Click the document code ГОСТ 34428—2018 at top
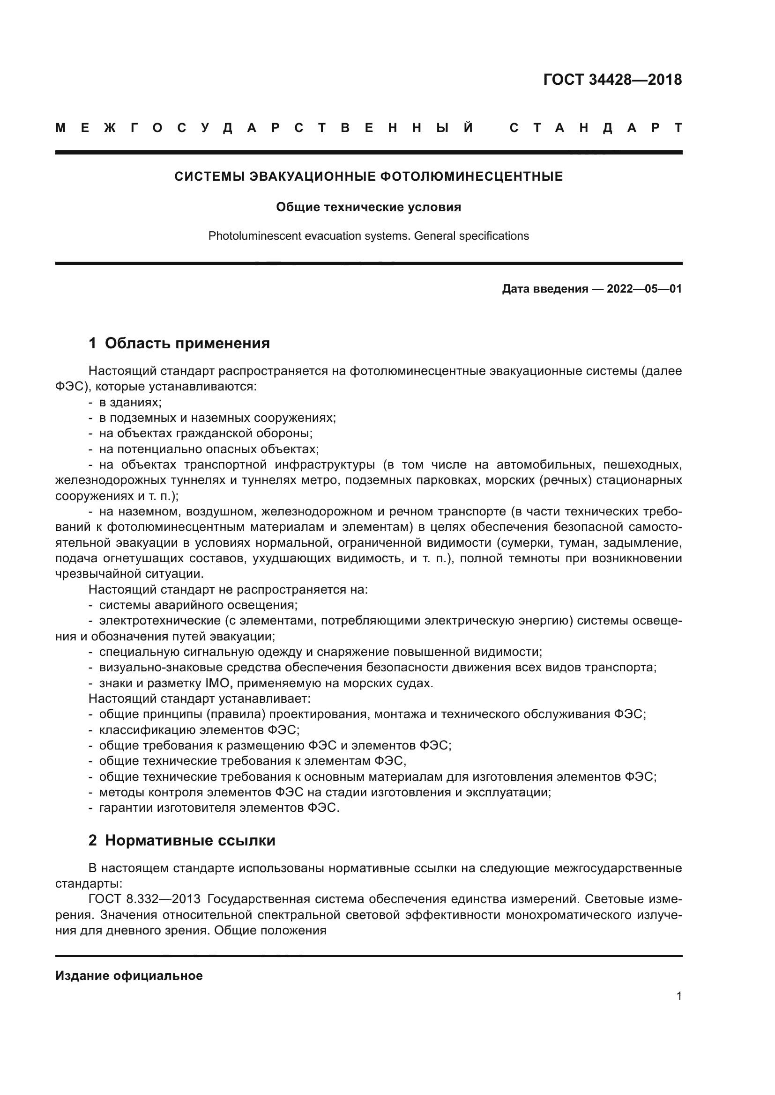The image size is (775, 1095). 612,79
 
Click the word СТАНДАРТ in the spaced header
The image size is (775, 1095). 596,128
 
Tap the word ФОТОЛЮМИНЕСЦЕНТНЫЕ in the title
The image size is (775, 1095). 471,176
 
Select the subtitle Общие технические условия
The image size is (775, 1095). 368,207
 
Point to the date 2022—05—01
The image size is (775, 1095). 644,288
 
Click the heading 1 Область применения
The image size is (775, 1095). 179,343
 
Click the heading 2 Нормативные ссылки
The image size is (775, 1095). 182,840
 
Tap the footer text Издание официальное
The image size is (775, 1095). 129,976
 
